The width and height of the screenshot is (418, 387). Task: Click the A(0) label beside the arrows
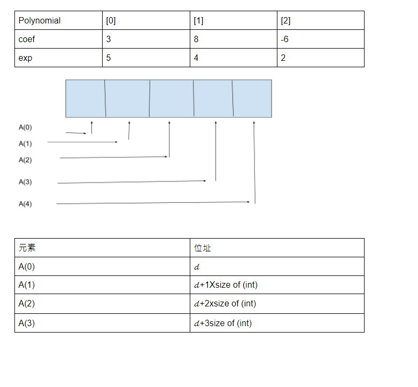25,128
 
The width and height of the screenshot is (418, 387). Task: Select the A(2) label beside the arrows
25,160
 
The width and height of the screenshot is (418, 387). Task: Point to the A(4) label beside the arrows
25,204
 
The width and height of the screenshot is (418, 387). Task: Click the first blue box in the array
85,98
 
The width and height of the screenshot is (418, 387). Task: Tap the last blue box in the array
252,98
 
